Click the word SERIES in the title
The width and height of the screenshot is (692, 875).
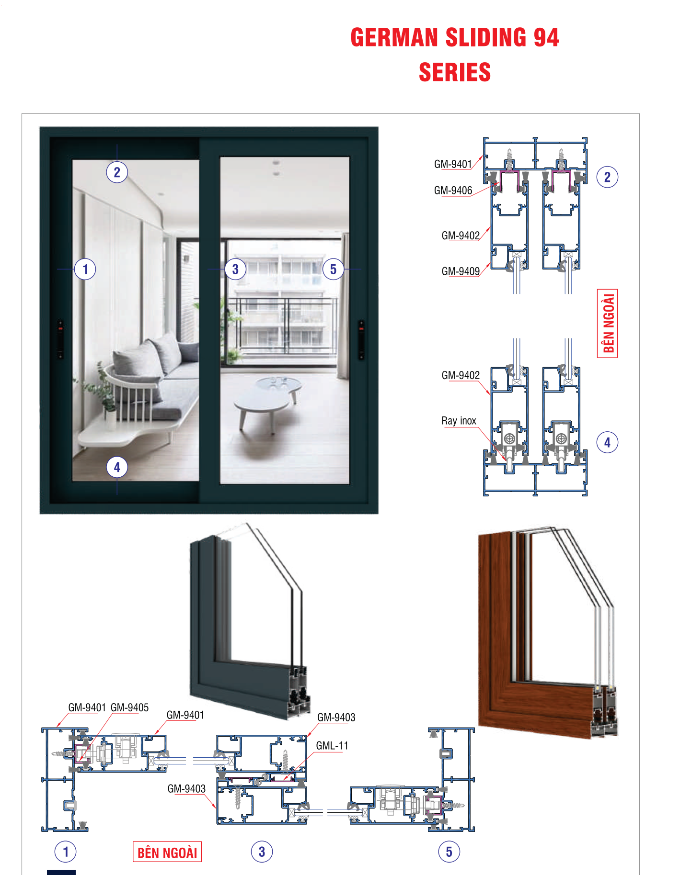[455, 72]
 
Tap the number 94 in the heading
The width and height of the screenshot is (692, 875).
[546, 37]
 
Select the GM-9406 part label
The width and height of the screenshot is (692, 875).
[453, 191]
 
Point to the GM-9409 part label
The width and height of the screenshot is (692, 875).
[461, 271]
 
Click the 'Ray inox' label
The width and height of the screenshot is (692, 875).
[459, 421]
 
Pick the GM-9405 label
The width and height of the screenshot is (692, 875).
[129, 707]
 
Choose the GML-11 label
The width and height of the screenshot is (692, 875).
[332, 746]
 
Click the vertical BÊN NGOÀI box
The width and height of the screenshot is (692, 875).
[608, 323]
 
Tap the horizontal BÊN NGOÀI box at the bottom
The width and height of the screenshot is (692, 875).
[167, 852]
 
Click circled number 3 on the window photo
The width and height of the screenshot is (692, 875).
[235, 269]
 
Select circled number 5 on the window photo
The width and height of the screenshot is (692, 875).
[333, 269]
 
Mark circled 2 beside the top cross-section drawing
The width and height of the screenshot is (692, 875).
[607, 177]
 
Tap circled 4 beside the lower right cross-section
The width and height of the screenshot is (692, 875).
[607, 442]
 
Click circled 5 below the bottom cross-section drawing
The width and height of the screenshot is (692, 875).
[449, 852]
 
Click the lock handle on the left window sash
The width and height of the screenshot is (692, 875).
[60, 339]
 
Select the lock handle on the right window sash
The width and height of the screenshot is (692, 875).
[361, 340]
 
